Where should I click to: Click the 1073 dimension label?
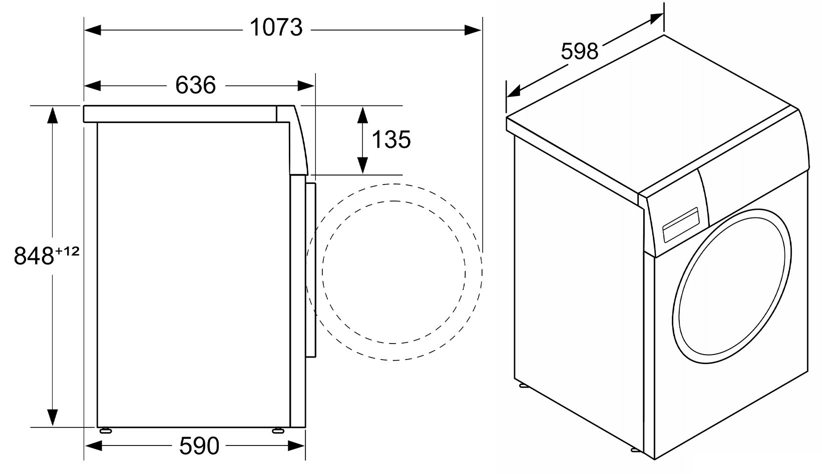pyautogui.click(x=276, y=27)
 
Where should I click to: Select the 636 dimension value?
pyautogui.click(x=196, y=85)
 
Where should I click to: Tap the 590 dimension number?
pyautogui.click(x=199, y=446)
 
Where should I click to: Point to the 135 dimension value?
pyautogui.click(x=391, y=139)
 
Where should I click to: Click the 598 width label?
pyautogui.click(x=579, y=51)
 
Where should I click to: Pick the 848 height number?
pyautogui.click(x=34, y=255)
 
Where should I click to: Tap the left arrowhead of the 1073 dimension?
pyautogui.click(x=93, y=30)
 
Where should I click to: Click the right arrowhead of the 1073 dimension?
pyautogui.click(x=473, y=30)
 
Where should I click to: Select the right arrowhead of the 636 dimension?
pyautogui.click(x=306, y=86)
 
